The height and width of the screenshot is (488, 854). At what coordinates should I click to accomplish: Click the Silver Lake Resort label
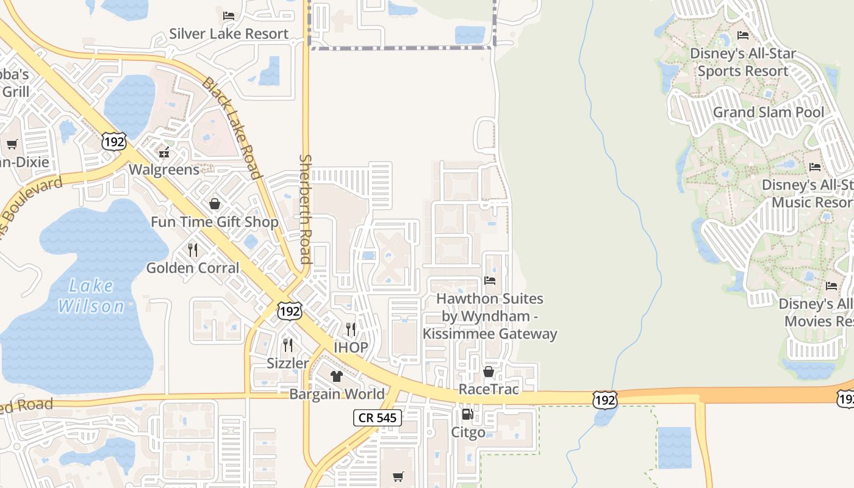(x=229, y=34)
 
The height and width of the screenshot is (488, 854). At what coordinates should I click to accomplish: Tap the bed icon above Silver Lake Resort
(x=229, y=15)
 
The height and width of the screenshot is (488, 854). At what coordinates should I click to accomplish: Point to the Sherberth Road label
(x=305, y=209)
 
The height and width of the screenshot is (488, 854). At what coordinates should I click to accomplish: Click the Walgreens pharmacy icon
(x=163, y=151)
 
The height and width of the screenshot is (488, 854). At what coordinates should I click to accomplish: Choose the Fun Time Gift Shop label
(x=215, y=221)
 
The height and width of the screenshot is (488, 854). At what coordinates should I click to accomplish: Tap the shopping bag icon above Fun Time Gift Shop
(x=215, y=204)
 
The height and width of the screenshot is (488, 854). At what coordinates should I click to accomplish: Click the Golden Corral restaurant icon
(x=193, y=249)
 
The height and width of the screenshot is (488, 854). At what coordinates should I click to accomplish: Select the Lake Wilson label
(x=91, y=296)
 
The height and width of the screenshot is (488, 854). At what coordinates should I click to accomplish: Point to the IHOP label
(x=351, y=348)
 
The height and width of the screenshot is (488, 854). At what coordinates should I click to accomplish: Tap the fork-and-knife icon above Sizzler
(x=288, y=345)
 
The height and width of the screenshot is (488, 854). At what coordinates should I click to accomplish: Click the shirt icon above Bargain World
(x=337, y=376)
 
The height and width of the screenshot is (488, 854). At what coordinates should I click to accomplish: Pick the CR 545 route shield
(x=378, y=418)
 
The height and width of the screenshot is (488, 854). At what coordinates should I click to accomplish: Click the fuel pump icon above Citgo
(x=467, y=415)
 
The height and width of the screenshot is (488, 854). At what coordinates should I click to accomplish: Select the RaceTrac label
(x=489, y=389)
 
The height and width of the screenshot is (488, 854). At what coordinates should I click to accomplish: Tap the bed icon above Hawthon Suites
(x=490, y=281)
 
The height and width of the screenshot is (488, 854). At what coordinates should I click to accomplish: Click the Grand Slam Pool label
(x=768, y=112)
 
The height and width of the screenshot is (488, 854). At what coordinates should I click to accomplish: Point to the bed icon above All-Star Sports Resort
(x=743, y=35)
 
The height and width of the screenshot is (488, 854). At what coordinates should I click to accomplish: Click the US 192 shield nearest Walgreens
(x=114, y=142)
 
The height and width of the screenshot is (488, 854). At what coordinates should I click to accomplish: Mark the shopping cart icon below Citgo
(x=398, y=476)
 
